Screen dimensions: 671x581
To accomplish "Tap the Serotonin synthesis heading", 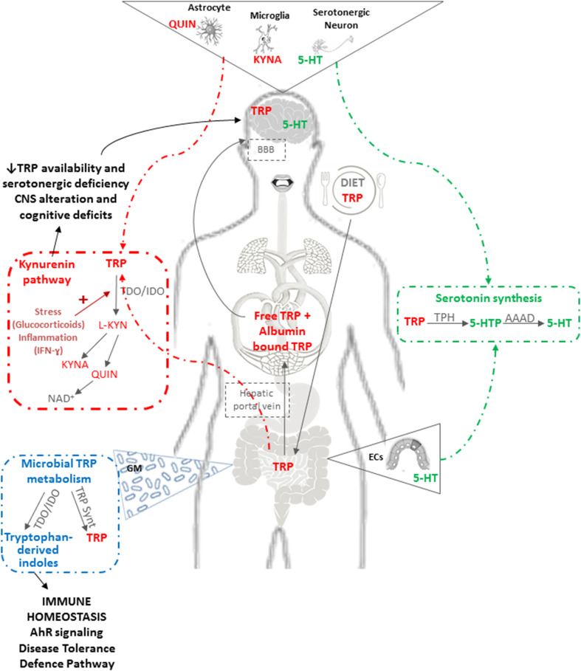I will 483,299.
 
